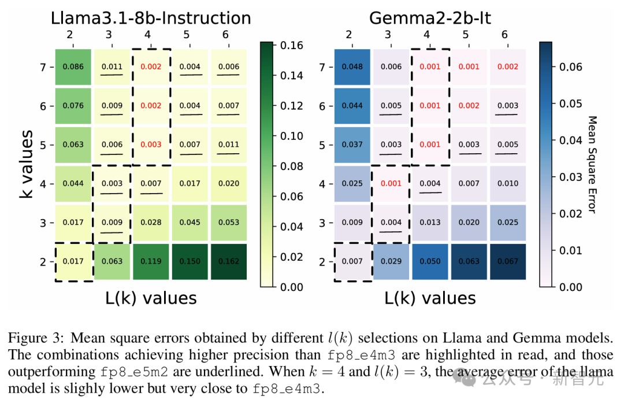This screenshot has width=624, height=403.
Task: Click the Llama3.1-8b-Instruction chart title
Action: point(151,18)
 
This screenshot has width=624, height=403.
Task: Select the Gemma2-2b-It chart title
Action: point(430,18)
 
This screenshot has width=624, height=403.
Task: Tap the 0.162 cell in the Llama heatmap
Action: point(228,262)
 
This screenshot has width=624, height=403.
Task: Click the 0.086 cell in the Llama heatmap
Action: point(73,66)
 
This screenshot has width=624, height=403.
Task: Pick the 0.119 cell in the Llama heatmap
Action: point(151,262)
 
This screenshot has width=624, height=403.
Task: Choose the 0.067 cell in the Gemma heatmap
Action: point(508,262)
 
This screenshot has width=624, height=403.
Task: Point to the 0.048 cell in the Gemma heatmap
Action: point(352,66)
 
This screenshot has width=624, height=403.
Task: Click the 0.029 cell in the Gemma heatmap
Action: point(391,262)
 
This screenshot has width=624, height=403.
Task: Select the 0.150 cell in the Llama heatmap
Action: point(190,262)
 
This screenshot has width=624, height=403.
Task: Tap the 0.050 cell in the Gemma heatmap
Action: point(430,262)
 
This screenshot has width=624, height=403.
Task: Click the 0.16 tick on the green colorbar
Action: point(287,45)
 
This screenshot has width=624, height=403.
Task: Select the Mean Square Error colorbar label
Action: point(592,164)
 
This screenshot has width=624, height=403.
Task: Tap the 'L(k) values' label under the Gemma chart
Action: point(430,298)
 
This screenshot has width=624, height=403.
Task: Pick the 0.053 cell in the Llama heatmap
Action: point(228,223)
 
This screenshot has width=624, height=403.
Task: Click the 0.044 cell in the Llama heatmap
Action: point(73,184)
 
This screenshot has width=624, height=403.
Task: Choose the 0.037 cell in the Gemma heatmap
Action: point(352,145)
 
